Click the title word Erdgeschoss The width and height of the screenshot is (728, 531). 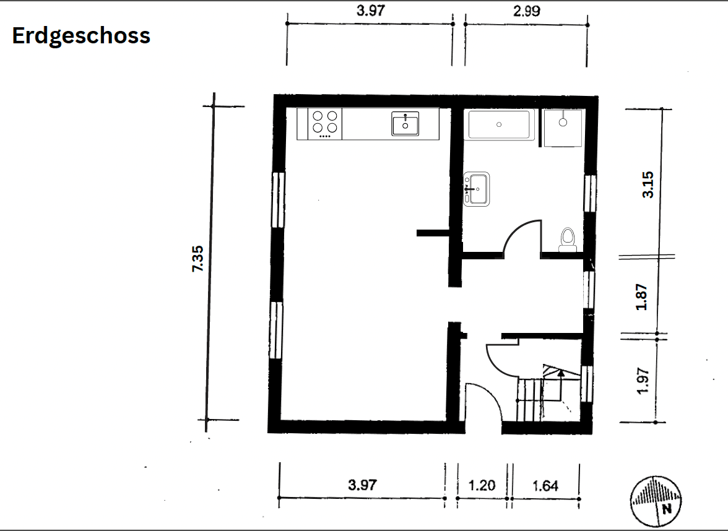(x=81, y=36)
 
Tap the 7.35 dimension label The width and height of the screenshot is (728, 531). (x=197, y=259)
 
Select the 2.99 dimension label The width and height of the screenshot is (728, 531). (x=527, y=11)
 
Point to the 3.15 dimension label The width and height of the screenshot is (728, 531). (x=648, y=184)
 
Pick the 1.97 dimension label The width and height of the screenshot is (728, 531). (x=642, y=381)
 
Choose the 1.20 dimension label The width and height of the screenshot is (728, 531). (x=482, y=485)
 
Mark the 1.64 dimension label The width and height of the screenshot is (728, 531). (x=545, y=485)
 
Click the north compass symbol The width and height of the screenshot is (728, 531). (x=656, y=500)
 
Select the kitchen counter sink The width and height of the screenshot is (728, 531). (x=405, y=123)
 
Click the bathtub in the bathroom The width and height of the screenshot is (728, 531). (x=500, y=124)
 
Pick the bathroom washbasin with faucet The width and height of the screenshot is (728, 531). (x=477, y=188)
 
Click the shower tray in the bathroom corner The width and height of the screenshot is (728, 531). (x=562, y=128)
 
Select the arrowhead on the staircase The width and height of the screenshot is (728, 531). (x=560, y=373)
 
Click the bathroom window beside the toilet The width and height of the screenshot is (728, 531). (x=589, y=192)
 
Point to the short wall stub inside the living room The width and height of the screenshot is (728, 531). (x=432, y=233)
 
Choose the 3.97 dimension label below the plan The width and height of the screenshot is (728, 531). (x=362, y=485)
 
